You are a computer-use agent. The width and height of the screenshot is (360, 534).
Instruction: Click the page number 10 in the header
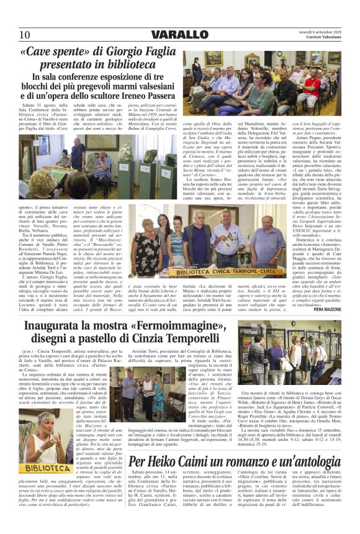coord(24,34)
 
